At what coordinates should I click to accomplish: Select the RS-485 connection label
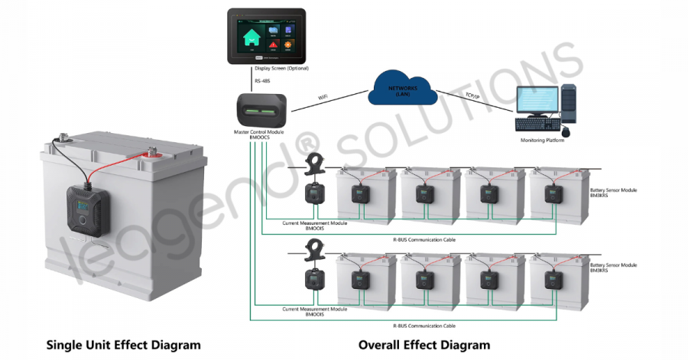click(x=263, y=79)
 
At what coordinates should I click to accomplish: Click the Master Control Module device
click(x=261, y=111)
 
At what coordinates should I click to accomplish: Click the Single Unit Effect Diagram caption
click(x=124, y=345)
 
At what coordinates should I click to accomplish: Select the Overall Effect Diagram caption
click(x=424, y=345)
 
